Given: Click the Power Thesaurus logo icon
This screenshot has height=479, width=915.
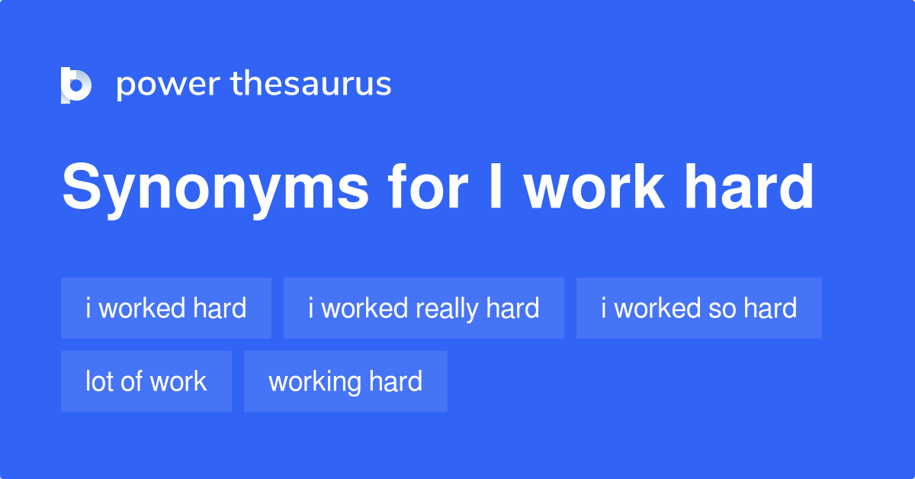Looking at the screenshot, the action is tap(76, 85).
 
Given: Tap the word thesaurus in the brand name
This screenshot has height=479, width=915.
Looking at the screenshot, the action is tap(311, 83).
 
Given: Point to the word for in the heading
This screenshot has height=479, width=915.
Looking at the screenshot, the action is tap(427, 186).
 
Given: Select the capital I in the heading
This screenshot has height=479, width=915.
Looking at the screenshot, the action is tap(496, 186).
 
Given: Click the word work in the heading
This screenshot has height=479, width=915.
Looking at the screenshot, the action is tap(594, 186).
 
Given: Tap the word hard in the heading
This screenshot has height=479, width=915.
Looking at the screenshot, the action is tap(749, 186).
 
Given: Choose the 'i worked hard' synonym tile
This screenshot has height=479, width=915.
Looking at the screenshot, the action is tap(166, 308).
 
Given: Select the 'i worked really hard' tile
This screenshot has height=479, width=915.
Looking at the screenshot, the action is tap(424, 308).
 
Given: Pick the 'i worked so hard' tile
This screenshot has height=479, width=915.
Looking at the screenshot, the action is tap(699, 308).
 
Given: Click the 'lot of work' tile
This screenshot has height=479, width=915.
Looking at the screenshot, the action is tap(146, 381).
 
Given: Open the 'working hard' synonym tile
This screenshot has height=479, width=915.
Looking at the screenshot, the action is tap(345, 381).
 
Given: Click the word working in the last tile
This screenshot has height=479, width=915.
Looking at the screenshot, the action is tap(314, 383).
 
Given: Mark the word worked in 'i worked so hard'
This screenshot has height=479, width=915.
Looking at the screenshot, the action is tap(657, 308).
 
